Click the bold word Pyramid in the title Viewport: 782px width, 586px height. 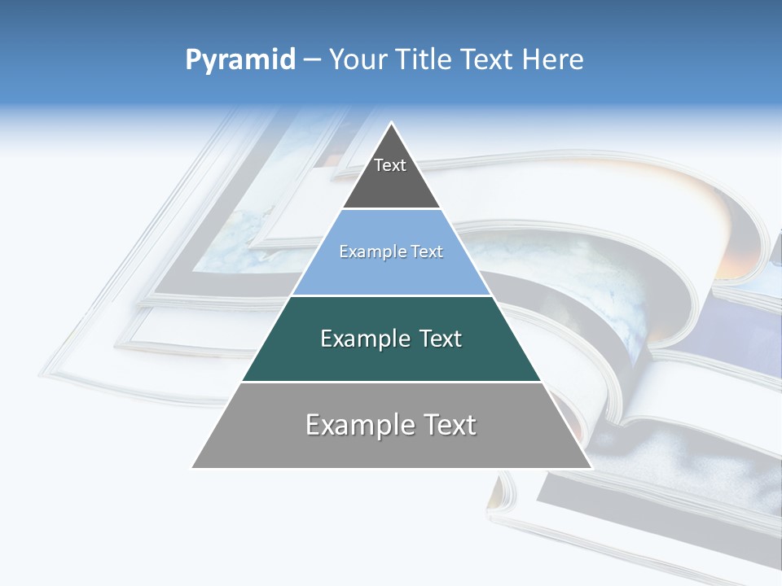coord(240,60)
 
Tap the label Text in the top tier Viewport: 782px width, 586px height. coord(390,165)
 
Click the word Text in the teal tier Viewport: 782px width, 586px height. coord(433,339)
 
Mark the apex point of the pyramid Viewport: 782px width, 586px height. coord(392,123)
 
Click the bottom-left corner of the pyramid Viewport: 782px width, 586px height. coord(193,467)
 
